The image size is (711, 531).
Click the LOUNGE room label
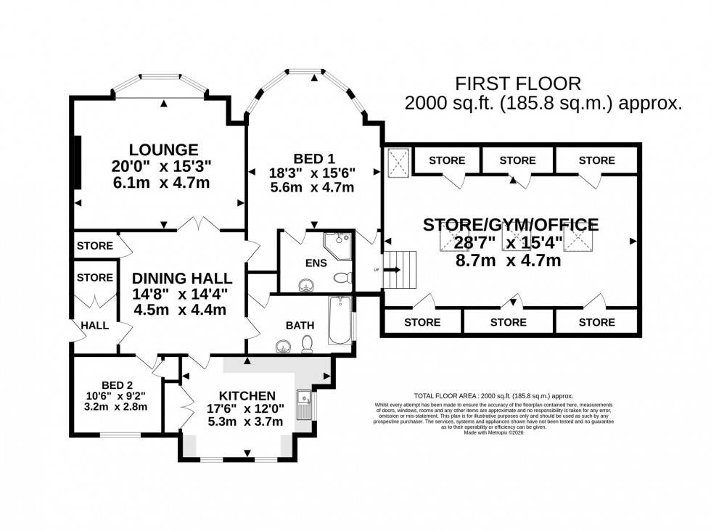[155, 150]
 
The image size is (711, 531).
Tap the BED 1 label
[314, 158]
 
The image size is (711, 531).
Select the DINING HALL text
[181, 278]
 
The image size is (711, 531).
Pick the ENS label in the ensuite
[317, 262]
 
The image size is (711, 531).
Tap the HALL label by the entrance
[95, 326]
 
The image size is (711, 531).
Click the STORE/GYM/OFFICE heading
[511, 224]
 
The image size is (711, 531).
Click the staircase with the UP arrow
[401, 270]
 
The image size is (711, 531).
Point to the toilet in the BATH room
[308, 344]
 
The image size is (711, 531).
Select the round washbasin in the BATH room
[283, 347]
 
